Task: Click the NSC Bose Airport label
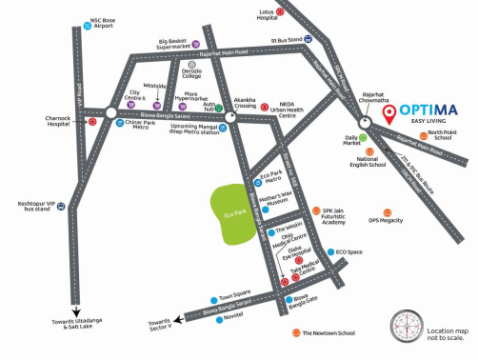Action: [x=103, y=23]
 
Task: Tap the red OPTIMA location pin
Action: [x=388, y=113]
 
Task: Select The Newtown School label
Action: [x=330, y=332]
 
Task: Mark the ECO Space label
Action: [x=349, y=251]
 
